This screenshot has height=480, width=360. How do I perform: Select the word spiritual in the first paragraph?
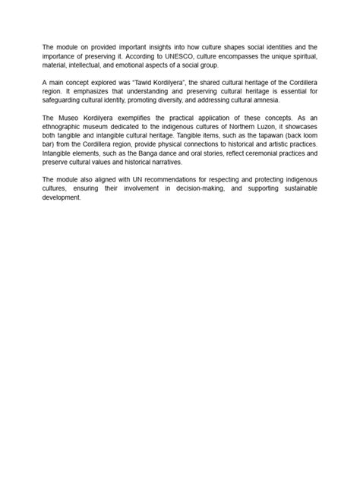302,56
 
